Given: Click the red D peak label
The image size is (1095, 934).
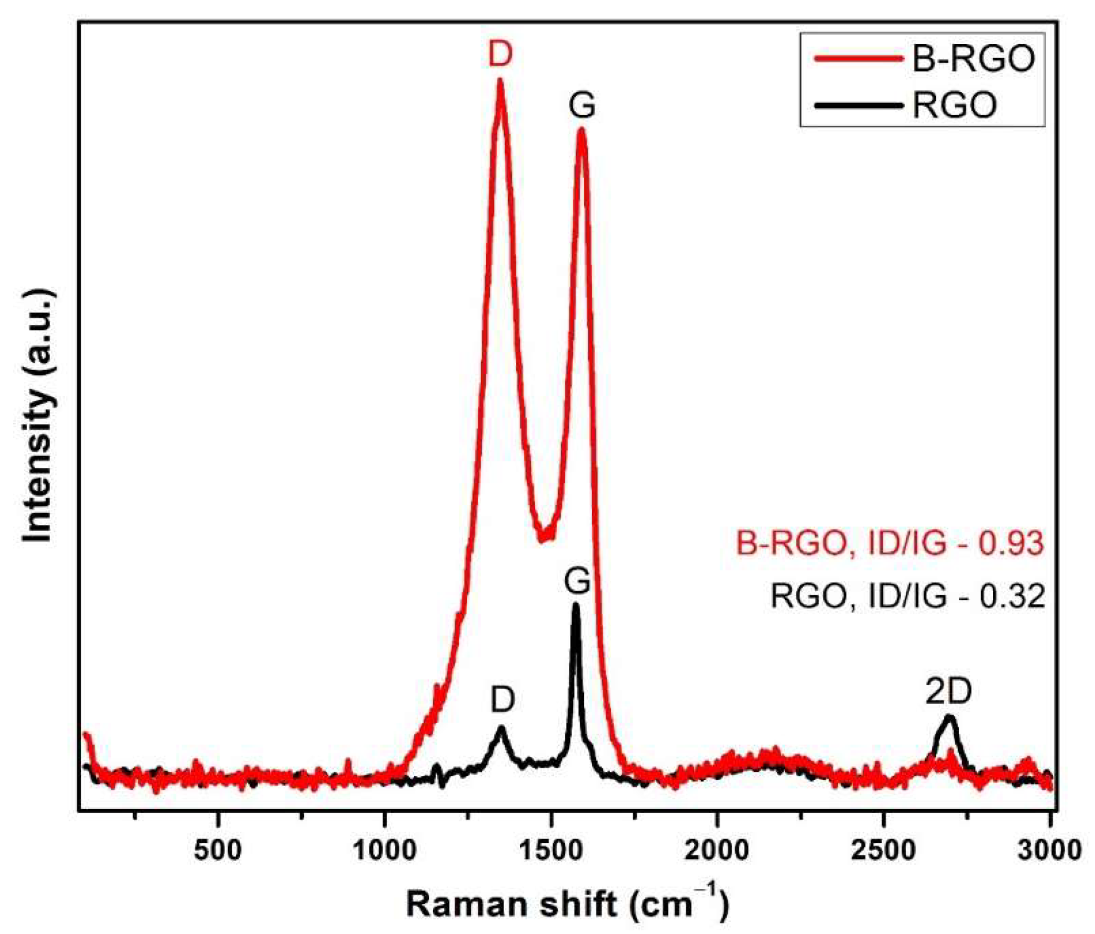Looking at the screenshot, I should point(500,54).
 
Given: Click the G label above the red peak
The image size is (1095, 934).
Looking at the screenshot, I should point(582,105).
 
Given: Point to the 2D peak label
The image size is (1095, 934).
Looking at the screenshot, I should point(948,691).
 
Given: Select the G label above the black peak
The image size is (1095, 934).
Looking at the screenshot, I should point(577,580).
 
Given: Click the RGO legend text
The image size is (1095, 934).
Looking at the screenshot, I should point(954,105).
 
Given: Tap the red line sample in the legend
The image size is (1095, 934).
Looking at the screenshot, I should point(858,58).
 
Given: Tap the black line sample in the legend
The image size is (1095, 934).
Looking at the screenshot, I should point(858,105).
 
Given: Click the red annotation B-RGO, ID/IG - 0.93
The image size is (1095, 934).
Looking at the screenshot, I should point(890,543).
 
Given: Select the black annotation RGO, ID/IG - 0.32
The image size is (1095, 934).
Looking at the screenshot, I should point(907,596).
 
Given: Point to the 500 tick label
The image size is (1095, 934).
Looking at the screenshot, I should point(219,849).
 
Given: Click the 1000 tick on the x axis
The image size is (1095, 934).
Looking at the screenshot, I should point(385,849).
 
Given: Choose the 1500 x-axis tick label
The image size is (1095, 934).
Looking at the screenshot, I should point(552,849).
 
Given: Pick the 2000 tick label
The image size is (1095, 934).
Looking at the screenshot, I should point(717,849).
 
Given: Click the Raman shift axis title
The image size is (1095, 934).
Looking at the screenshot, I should point(567,904).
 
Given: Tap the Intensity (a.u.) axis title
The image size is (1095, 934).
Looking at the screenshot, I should point(39,415).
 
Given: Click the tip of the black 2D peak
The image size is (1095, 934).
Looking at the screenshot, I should point(949,717).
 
